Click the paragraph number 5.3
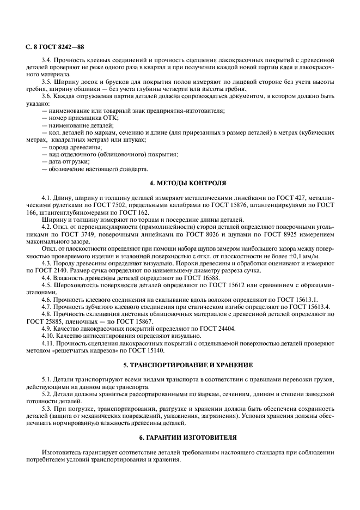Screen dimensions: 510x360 point(47,408)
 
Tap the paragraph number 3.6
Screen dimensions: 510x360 point(47,96)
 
